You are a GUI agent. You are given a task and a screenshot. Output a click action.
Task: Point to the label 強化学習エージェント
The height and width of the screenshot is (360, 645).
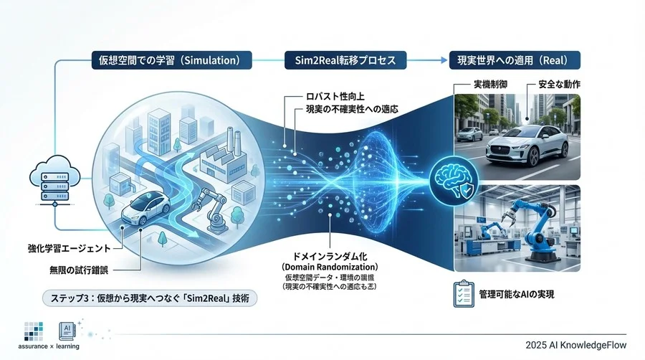click(x=64, y=248)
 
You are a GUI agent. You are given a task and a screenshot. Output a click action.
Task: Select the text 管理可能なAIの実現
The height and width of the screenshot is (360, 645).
click(x=519, y=295)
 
